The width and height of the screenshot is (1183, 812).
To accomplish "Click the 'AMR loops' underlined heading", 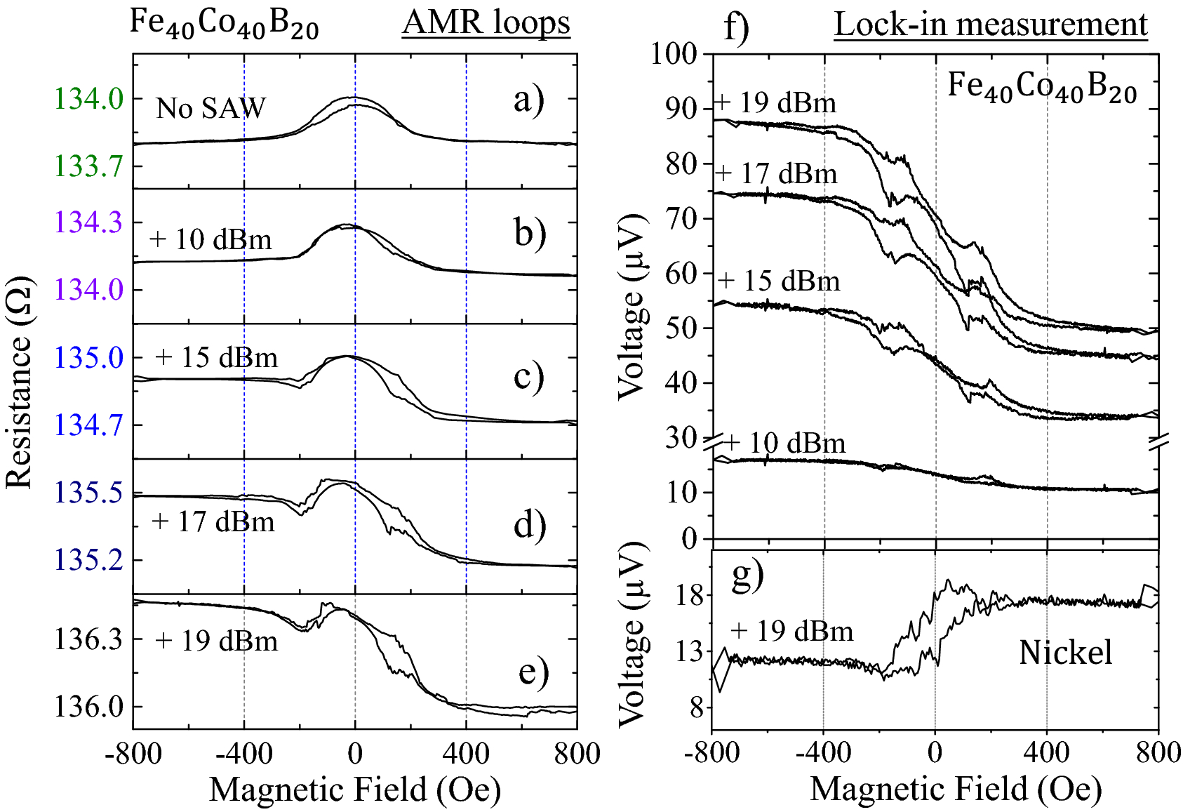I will [486, 22].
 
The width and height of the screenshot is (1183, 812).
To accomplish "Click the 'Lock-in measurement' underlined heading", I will [990, 25].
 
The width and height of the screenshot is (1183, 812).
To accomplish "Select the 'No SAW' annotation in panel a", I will [210, 108].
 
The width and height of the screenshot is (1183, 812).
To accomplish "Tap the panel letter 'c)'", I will [528, 376].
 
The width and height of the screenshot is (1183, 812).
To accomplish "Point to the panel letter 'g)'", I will [747, 575].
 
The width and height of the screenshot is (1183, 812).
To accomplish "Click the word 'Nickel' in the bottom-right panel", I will [1065, 653].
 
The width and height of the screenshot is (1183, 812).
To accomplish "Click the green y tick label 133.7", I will [89, 166].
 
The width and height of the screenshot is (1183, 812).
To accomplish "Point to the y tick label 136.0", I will [89, 706].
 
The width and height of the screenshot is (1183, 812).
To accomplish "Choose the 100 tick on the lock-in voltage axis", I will [674, 53].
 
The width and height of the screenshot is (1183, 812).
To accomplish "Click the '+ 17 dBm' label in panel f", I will [777, 173].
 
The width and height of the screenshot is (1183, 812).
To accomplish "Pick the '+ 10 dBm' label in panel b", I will [210, 240].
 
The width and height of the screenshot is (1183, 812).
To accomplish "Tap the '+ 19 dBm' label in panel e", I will [216, 641].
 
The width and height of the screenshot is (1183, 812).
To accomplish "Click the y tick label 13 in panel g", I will [689, 652].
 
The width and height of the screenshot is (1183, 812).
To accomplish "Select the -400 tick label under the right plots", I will [823, 753].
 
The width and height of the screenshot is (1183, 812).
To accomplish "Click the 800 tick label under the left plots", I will [577, 754].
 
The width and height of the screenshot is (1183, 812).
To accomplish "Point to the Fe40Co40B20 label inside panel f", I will [1042, 87].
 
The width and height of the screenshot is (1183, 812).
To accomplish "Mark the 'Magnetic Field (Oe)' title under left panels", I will [355, 790].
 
